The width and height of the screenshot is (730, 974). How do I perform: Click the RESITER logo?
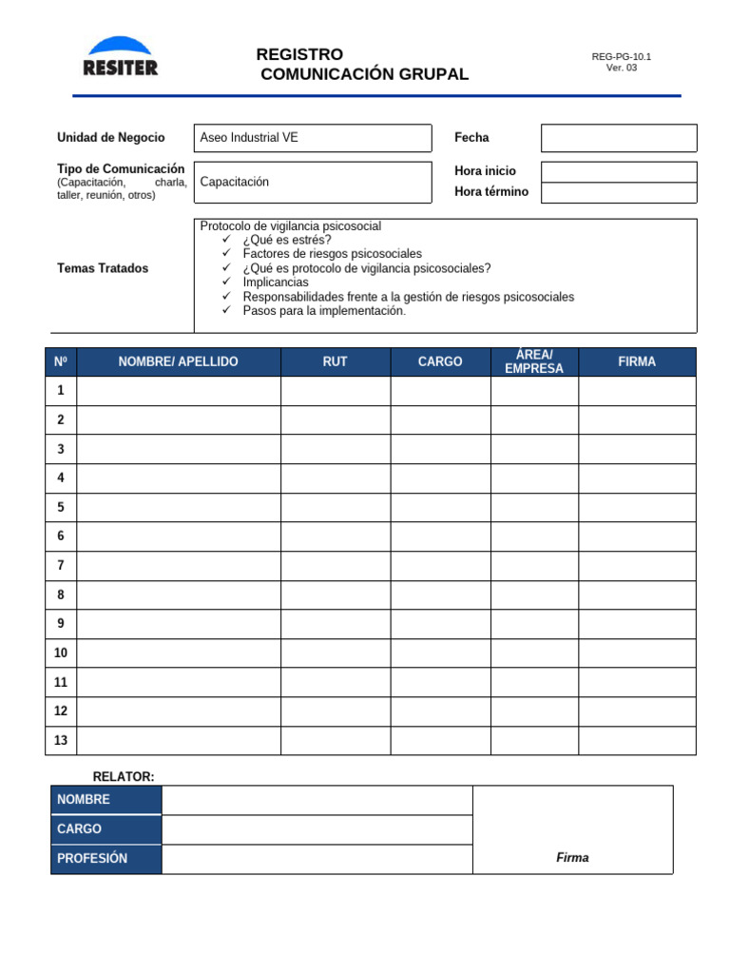click(120, 57)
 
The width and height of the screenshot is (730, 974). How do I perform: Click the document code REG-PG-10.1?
click(621, 56)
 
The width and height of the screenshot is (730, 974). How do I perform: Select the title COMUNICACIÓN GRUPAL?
click(365, 74)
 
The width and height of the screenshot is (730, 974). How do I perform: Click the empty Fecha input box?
click(618, 138)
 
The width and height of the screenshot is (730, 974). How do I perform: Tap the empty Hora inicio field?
click(618, 171)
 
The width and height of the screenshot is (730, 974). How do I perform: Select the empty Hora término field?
click(618, 192)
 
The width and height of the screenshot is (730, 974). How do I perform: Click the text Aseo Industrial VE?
click(249, 138)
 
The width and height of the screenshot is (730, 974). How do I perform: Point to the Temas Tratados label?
click(103, 268)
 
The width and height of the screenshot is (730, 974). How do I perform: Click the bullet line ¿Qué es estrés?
click(287, 240)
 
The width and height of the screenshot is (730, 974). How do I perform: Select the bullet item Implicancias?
click(276, 282)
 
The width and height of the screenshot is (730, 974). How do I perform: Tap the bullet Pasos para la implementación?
click(324, 311)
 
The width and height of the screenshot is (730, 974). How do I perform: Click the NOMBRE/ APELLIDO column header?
click(179, 361)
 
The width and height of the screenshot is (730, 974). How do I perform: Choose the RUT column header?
click(335, 361)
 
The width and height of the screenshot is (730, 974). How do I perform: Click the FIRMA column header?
click(637, 361)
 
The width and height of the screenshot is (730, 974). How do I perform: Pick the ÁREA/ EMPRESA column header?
click(534, 361)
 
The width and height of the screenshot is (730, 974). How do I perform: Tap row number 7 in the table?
click(61, 566)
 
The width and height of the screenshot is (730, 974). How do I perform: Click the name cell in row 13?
click(179, 740)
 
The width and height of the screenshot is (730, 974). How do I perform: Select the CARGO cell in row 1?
click(440, 391)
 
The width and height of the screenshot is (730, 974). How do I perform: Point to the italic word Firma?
click(572, 858)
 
